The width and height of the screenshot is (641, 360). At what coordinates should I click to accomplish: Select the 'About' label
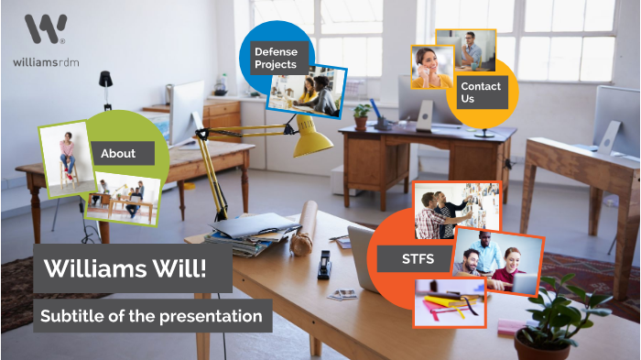pos(118,153)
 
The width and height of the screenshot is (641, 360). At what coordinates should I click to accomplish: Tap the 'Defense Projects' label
pos(275,59)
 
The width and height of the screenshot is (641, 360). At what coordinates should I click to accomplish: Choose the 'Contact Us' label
pos(482,92)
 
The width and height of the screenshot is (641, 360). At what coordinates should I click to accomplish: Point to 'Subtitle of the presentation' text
pos(152,316)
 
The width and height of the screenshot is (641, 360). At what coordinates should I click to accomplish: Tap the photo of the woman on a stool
pos(67,157)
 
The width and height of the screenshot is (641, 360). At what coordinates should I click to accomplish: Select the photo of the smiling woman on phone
pos(431,67)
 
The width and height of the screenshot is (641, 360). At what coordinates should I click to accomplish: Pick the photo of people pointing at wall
pos(455,210)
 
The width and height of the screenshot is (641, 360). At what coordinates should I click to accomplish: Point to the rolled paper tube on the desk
pos(302,230)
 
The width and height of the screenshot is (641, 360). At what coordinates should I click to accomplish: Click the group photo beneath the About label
pos(124,200)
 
